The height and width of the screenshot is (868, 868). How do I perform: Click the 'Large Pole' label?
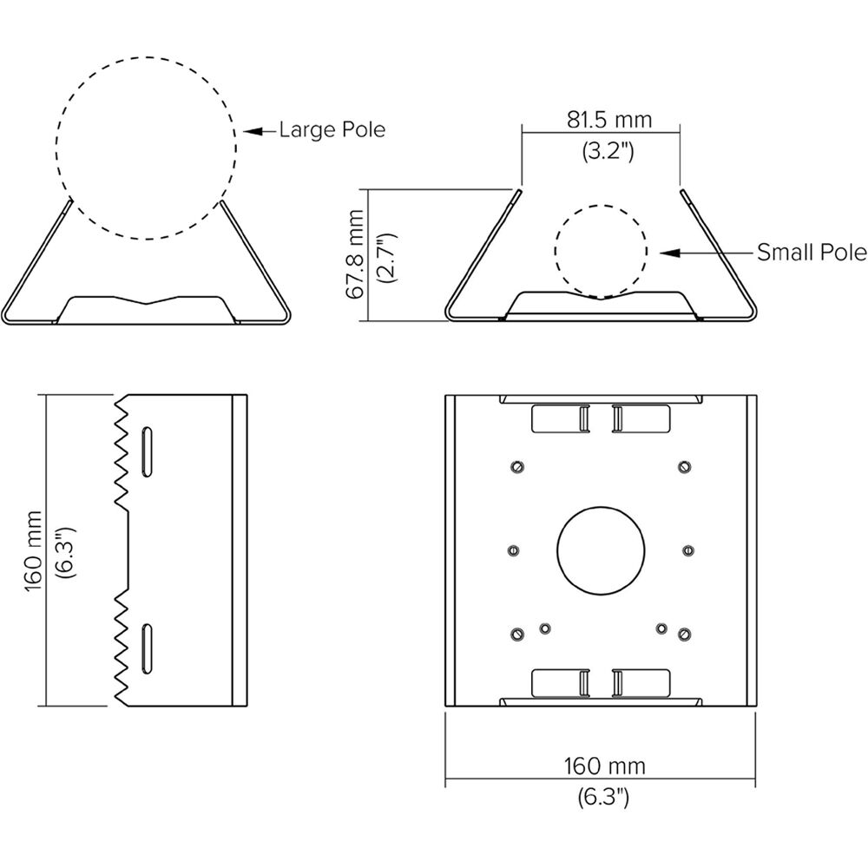coord(332,129)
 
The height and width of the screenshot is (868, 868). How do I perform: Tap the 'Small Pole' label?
coord(812,253)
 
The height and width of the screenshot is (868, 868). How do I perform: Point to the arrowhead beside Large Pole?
coord(253,132)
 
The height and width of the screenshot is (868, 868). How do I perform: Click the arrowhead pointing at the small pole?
coord(670,253)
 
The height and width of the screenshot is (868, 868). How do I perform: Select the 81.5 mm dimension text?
coord(609,120)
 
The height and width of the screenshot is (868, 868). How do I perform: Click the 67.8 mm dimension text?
coord(355,254)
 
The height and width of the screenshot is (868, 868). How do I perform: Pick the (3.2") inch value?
coord(608,150)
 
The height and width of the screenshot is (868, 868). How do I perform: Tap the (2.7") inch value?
coord(386,258)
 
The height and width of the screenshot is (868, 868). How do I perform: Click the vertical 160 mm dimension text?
coord(34,551)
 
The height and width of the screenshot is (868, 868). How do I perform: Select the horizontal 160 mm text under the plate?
coord(604,766)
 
